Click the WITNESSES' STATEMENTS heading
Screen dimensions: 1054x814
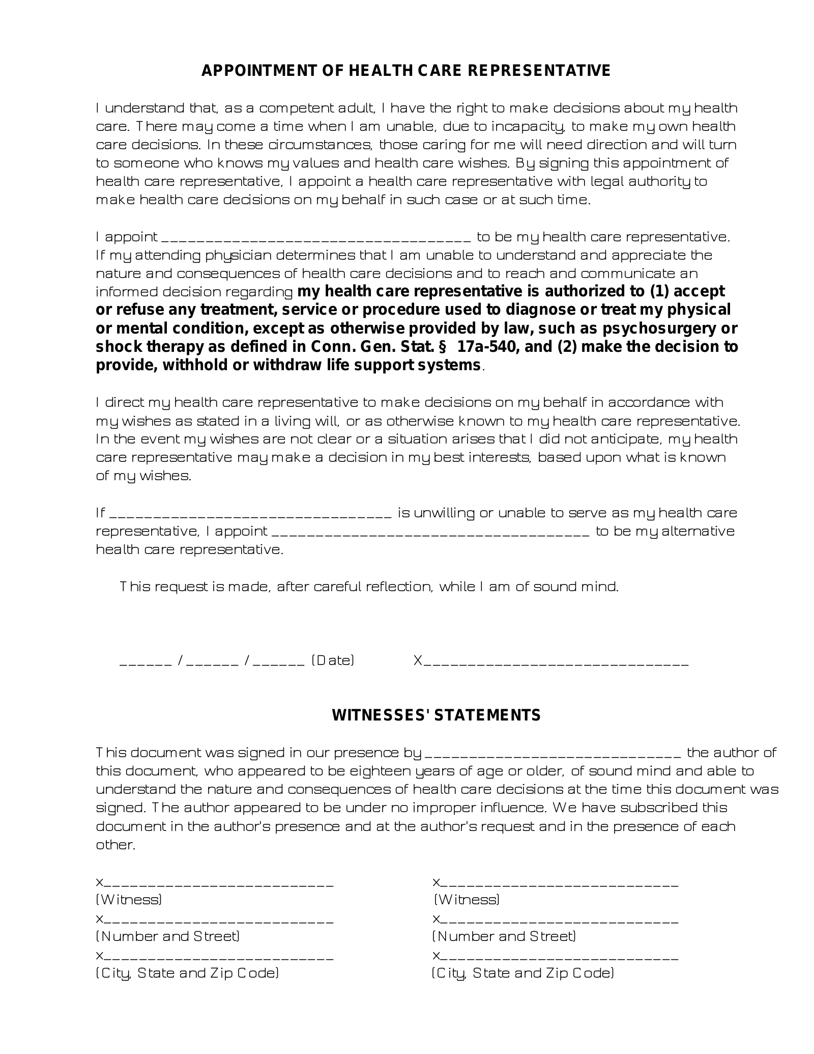(436, 715)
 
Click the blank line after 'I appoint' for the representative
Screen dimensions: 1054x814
(316, 238)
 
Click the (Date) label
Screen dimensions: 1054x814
(333, 661)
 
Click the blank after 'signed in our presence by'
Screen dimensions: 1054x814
(552, 754)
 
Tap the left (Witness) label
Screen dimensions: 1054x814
(129, 900)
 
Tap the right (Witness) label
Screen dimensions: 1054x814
(467, 900)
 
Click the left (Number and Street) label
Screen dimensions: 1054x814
(168, 936)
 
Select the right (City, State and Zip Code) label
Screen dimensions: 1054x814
(522, 973)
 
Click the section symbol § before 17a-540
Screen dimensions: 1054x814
(442, 347)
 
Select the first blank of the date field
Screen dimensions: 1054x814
(146, 663)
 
